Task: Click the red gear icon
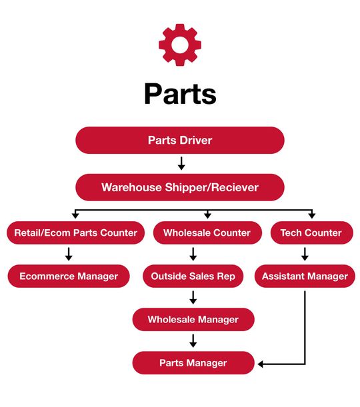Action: [x=180, y=45]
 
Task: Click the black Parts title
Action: [x=180, y=94]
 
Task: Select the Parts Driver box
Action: [x=180, y=140]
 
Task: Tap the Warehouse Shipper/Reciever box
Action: [x=180, y=187]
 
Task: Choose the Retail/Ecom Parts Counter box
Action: [x=75, y=232]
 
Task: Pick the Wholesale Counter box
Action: [x=207, y=232]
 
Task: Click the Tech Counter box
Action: [x=311, y=232]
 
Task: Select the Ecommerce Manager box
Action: [x=69, y=276]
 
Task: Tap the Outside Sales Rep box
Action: [x=193, y=276]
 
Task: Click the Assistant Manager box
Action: [x=305, y=276]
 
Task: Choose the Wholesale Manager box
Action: [x=193, y=319]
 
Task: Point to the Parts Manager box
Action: [x=193, y=362]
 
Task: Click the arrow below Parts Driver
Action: [x=181, y=163]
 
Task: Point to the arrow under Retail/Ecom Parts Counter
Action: [x=69, y=254]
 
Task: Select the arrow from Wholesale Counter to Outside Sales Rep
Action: [x=193, y=254]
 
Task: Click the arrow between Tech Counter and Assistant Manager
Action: [x=305, y=254]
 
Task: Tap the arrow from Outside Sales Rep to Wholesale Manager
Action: [x=193, y=297]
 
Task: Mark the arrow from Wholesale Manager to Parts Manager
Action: [x=193, y=340]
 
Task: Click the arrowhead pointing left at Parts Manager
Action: [x=261, y=364]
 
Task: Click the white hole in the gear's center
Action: [x=180, y=45]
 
